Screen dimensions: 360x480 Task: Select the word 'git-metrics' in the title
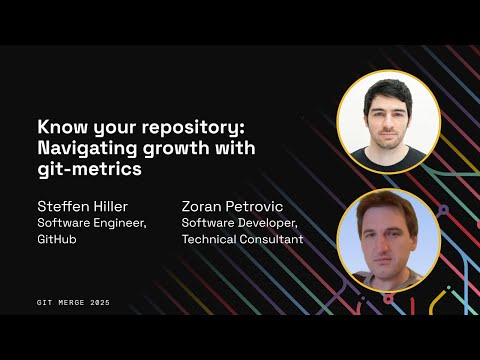coord(84,169)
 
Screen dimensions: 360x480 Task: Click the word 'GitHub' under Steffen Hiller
coord(57,240)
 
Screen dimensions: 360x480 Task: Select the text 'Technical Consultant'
coord(242,240)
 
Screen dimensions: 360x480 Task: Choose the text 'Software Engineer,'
coord(92,222)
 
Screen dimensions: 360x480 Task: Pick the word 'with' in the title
coord(233,149)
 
